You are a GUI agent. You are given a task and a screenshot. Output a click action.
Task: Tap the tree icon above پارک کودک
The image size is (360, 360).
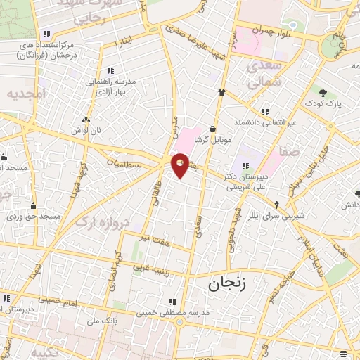[323, 92]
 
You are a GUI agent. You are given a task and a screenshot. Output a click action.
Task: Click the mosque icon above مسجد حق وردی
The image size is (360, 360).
[33, 206]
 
